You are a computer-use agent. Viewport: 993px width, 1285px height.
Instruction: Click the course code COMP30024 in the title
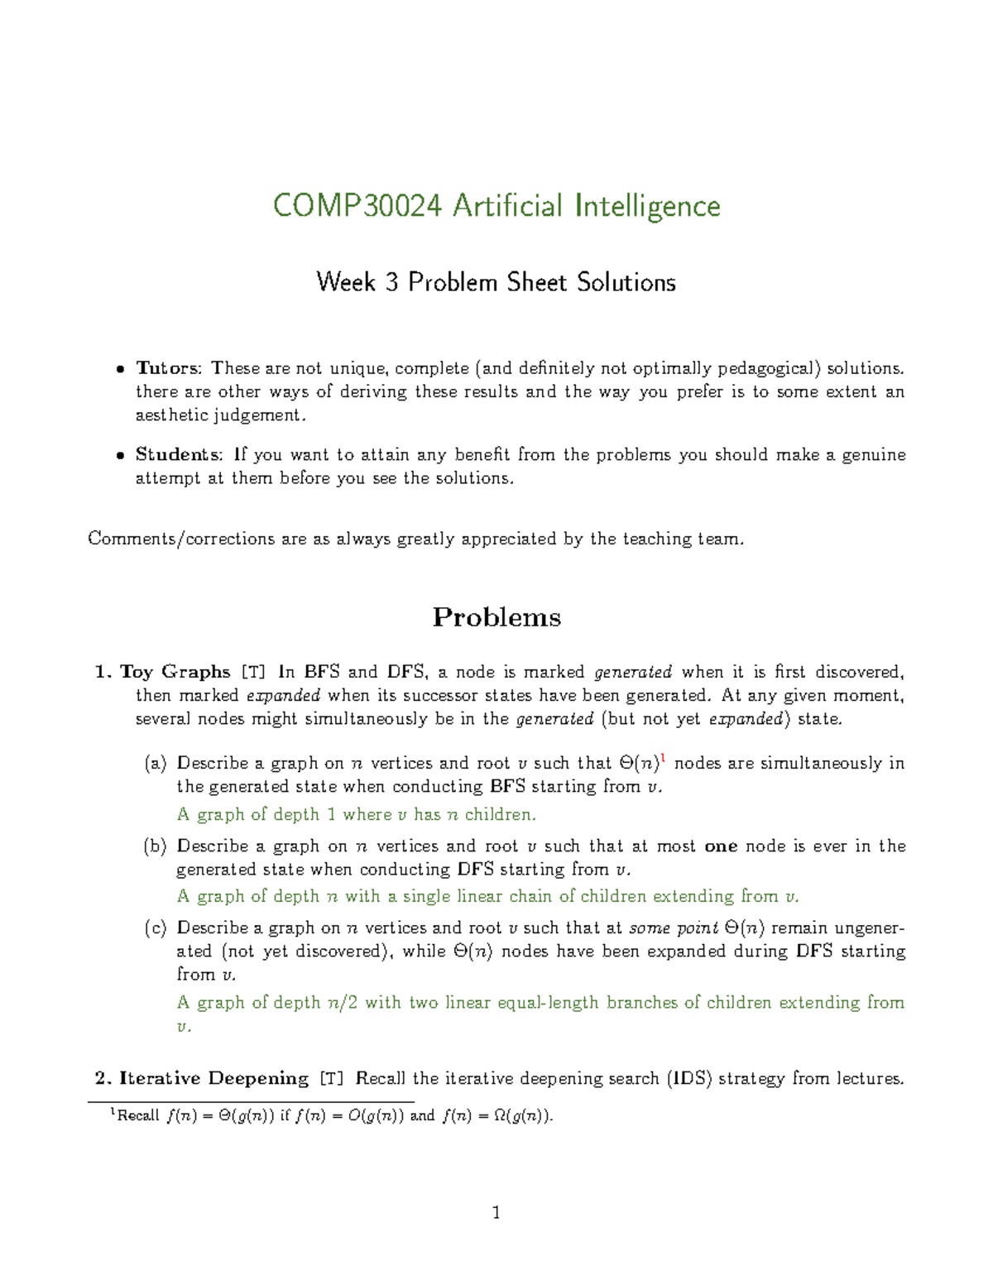pyautogui.click(x=357, y=207)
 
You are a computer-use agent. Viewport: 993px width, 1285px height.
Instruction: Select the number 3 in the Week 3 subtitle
pyautogui.click(x=391, y=283)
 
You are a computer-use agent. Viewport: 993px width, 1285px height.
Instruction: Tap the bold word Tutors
pyautogui.click(x=167, y=368)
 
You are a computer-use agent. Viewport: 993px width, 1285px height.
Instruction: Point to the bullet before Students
pyautogui.click(x=120, y=455)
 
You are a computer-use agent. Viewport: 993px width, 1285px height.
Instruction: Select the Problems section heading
pyautogui.click(x=496, y=617)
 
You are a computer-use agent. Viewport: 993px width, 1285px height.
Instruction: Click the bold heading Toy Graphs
pyautogui.click(x=175, y=672)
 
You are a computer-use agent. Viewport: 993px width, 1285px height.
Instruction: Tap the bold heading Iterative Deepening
pyautogui.click(x=213, y=1078)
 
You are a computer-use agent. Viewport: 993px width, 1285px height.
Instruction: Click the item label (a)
pyautogui.click(x=156, y=764)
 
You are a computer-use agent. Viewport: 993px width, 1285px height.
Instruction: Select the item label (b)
pyautogui.click(x=156, y=846)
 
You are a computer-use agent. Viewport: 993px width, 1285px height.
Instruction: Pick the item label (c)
pyautogui.click(x=156, y=928)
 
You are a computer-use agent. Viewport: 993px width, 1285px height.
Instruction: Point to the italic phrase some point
pyautogui.click(x=673, y=928)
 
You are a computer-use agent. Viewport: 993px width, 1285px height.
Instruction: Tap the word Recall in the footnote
pyautogui.click(x=138, y=1116)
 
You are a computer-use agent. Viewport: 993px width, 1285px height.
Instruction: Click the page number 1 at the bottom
pyautogui.click(x=496, y=1213)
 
